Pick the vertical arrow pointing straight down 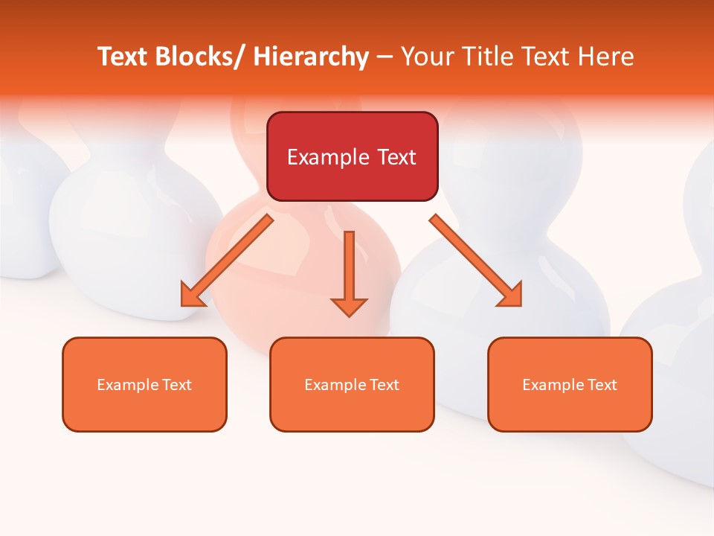click(349, 268)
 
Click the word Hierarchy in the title click(311, 57)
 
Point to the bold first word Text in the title click(123, 57)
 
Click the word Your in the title click(427, 57)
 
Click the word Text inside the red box click(396, 157)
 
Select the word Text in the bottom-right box click(602, 385)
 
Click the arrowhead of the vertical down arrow click(349, 306)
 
